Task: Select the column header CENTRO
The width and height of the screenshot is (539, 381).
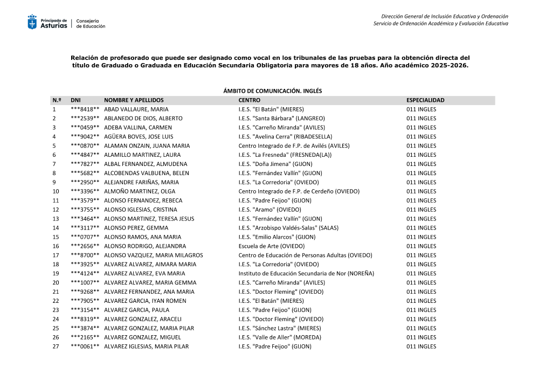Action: [x=249, y=100]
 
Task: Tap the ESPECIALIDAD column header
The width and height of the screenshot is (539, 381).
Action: [x=425, y=100]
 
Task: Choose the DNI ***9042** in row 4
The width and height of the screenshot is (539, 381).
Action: [x=85, y=137]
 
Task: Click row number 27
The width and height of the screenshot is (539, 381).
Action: [x=55, y=347]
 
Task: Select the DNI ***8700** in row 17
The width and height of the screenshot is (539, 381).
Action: [x=85, y=255]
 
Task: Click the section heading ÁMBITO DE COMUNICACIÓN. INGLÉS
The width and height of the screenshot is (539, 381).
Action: [x=272, y=91]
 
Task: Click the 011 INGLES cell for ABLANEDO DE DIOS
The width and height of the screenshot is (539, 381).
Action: [x=421, y=119]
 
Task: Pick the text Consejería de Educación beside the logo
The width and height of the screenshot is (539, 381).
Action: [x=91, y=23]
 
